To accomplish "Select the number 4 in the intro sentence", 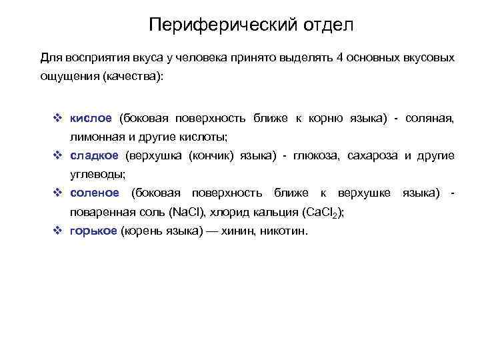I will click(341, 58).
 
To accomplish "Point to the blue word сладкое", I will click(94, 155).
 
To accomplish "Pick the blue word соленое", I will click(95, 193).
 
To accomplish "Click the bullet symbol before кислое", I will click(57, 118).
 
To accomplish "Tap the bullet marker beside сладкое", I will click(57, 155).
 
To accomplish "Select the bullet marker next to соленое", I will click(57, 193).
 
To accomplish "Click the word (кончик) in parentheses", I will click(212, 155).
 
